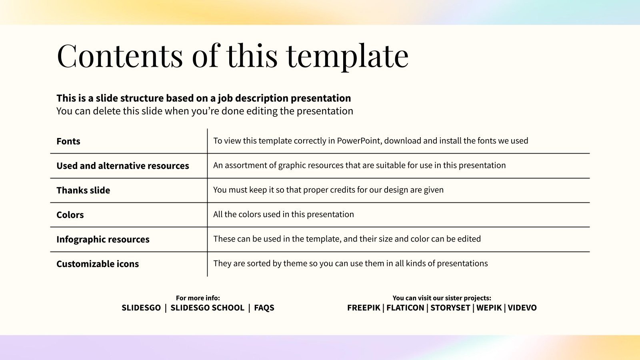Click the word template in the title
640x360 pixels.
(347, 56)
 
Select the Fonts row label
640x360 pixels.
(68, 141)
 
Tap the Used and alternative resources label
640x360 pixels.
(123, 166)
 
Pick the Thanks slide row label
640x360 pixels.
(83, 190)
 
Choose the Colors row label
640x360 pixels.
(70, 215)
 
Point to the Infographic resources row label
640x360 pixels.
(103, 239)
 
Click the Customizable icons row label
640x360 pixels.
(98, 264)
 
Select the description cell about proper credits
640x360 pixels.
(328, 190)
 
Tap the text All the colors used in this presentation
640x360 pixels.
(284, 214)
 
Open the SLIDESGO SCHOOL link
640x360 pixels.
(207, 308)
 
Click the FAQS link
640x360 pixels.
(264, 308)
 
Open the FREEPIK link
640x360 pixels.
(364, 308)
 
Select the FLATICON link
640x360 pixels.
(405, 308)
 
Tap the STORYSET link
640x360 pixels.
(450, 308)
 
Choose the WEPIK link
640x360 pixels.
(489, 308)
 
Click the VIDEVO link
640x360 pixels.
(522, 308)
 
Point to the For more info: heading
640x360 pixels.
(198, 298)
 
